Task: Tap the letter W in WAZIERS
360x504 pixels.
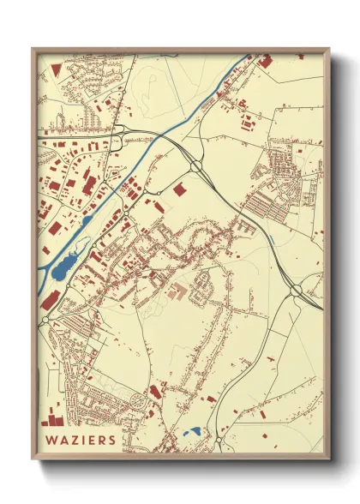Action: point(51,439)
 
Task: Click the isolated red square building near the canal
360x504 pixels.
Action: point(180,189)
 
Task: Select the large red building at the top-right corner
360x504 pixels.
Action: point(267,61)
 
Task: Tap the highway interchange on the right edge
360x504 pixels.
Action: point(297,292)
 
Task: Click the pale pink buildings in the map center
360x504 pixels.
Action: point(180,291)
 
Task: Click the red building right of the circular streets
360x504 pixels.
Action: point(155,392)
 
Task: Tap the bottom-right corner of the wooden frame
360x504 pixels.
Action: point(328,460)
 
